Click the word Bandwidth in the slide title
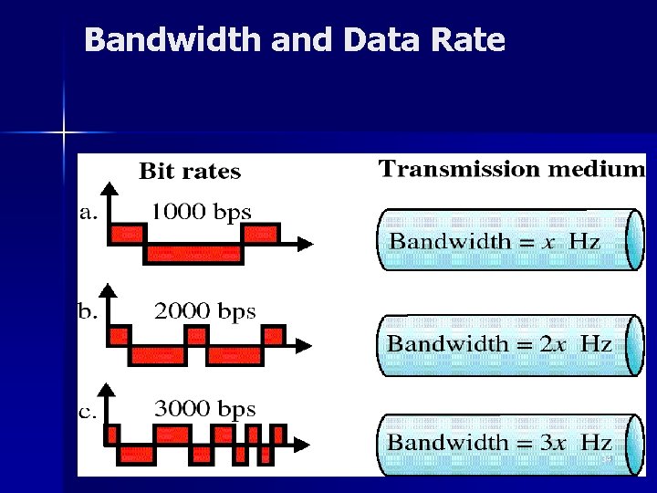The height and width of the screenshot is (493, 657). [x=163, y=40]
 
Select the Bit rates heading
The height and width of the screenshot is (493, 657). [x=190, y=172]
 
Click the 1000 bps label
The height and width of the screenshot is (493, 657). [x=201, y=212]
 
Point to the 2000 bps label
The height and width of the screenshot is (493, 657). [x=205, y=310]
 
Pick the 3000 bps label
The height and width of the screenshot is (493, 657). [x=205, y=409]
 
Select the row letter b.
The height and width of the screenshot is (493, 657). [x=88, y=312]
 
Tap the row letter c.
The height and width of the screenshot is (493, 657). [x=88, y=412]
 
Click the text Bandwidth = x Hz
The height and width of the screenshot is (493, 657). [x=495, y=242]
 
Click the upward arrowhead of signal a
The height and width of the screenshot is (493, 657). [x=109, y=191]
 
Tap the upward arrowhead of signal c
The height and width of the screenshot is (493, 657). [x=109, y=391]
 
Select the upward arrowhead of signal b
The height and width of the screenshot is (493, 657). [x=109, y=291]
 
